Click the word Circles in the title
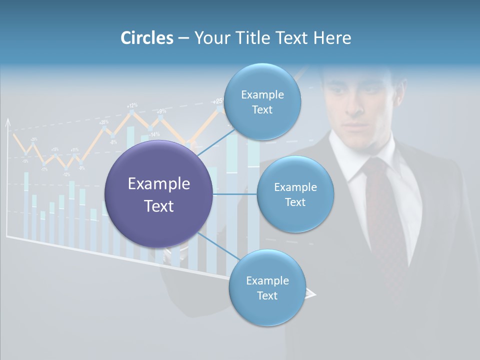click(x=146, y=37)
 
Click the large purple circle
click(x=158, y=194)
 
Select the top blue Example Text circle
click(x=262, y=101)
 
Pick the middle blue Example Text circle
click(x=295, y=194)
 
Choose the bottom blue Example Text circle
click(x=267, y=287)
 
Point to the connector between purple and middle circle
click(x=235, y=194)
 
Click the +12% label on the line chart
click(x=132, y=105)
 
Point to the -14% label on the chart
click(x=154, y=134)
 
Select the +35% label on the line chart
click(x=103, y=122)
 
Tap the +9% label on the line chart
click(x=161, y=111)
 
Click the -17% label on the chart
click(x=44, y=169)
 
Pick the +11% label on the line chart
click(x=74, y=149)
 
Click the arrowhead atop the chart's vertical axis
click(x=7, y=122)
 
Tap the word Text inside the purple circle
click(x=158, y=206)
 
